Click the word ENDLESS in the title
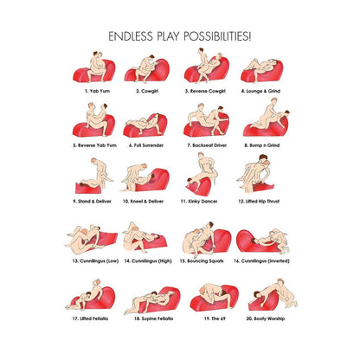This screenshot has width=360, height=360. [x=131, y=36]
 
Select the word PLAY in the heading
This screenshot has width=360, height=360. [x=168, y=36]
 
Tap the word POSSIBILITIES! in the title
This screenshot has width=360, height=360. [x=217, y=36]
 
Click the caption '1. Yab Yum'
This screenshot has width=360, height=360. [x=97, y=91]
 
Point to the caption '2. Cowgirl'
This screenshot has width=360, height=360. [x=147, y=91]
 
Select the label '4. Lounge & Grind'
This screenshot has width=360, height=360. [x=260, y=91]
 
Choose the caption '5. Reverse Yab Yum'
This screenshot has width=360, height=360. [x=94, y=145]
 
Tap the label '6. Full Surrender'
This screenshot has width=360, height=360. [x=146, y=145]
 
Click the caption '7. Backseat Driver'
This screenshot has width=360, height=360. [x=207, y=145]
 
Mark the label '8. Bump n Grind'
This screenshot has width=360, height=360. [x=262, y=145]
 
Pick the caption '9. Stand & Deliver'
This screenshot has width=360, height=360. [x=92, y=201]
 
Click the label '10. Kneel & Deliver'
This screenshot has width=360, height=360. [x=143, y=201]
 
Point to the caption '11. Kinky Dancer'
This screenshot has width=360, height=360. [x=199, y=201]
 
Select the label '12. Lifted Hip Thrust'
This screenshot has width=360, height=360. [x=259, y=201]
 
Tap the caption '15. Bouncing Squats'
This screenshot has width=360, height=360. [x=202, y=260]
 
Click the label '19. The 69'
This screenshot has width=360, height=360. [x=215, y=318]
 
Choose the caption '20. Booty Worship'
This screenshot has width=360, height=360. [x=266, y=318]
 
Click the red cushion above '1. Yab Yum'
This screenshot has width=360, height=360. [x=94, y=73]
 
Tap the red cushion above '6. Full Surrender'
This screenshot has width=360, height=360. [x=146, y=127]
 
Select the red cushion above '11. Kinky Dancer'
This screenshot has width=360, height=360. [x=201, y=187]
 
